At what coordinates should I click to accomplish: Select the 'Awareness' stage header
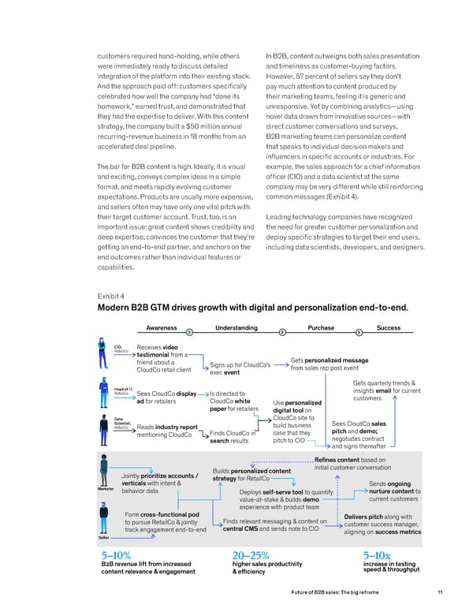pyautogui.click(x=162, y=327)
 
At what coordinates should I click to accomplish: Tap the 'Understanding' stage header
pyautogui.click(x=236, y=327)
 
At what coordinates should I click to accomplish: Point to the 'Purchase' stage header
pyautogui.click(x=322, y=327)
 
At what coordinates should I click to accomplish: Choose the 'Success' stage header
pyautogui.click(x=389, y=327)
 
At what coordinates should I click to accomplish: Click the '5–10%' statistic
pyautogui.click(x=111, y=554)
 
